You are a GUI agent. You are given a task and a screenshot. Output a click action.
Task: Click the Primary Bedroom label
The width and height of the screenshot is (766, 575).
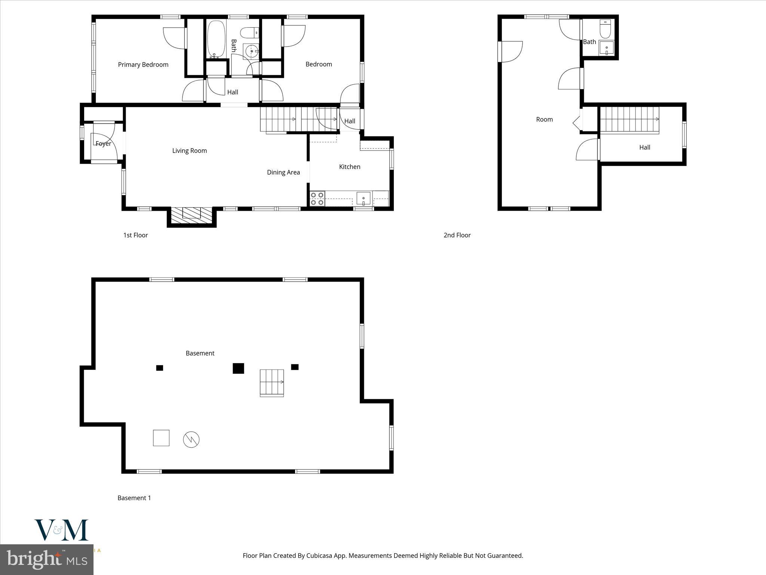pos(143,65)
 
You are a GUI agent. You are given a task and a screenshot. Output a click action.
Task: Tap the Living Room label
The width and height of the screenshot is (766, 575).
pos(189,151)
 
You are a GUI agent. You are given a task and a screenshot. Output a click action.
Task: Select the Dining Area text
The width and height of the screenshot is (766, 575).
pos(283,172)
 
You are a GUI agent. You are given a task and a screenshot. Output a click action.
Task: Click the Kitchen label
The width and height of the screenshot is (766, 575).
pos(349,167)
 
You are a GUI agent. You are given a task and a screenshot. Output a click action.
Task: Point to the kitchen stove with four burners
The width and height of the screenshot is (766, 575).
pos(317,199)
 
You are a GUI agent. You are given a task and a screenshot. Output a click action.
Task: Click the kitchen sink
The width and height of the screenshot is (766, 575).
pos(363,198)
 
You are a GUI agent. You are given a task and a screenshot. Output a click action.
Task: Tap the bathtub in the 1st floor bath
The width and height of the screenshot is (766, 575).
pos(216,39)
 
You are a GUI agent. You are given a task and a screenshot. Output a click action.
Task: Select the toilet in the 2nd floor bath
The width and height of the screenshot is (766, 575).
pos(605,29)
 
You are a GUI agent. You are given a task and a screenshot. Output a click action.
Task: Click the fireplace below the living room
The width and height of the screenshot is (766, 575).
pos(191,215)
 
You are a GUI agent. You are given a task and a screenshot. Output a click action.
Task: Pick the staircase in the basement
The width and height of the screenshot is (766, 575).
pos(272,383)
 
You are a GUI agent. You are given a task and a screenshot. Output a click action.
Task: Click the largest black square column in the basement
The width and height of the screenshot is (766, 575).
pos(238,368)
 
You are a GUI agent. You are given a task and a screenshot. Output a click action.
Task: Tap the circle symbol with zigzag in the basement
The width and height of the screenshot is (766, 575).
pos(191,439)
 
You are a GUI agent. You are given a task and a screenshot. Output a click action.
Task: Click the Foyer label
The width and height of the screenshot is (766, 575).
pos(103,144)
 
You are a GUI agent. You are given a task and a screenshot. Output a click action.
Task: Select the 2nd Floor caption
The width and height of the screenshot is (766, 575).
pos(457,235)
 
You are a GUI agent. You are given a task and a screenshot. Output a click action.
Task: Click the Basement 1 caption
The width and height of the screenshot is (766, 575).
pos(134,498)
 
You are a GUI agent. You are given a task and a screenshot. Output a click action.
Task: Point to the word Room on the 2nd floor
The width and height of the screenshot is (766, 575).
pos(544,119)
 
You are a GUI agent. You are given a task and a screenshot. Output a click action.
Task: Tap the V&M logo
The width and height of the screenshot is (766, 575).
pos(62,530)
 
